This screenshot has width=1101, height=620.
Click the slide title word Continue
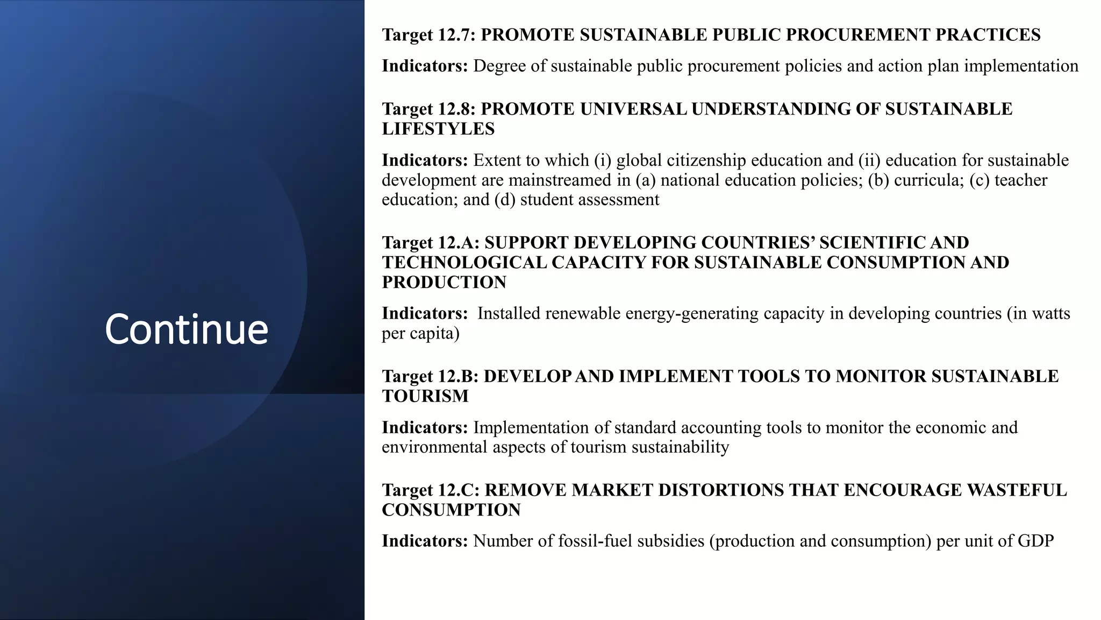point(186,329)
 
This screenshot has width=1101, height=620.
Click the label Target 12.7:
point(428,35)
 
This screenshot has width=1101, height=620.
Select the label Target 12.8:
point(428,109)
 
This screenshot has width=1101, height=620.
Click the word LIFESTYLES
point(438,129)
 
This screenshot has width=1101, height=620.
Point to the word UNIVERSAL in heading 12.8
point(633,109)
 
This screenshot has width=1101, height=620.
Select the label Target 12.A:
point(431,243)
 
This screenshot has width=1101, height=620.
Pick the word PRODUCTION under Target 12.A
point(444,283)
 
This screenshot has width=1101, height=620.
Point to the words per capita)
point(420,333)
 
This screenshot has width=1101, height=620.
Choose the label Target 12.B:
point(430,376)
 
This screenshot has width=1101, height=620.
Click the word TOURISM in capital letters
point(425,396)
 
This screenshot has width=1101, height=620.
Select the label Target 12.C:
point(431,490)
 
